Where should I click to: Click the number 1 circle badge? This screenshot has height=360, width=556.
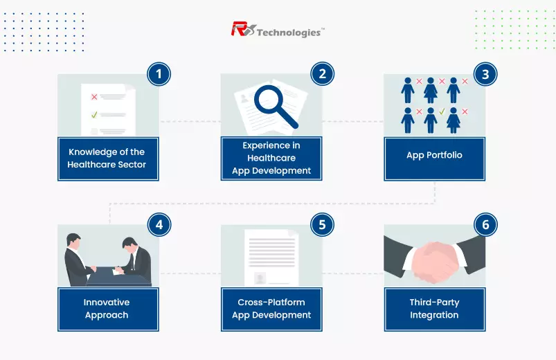click(159, 74)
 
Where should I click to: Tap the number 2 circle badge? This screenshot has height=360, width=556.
click(323, 74)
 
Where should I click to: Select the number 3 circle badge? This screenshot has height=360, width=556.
click(485, 74)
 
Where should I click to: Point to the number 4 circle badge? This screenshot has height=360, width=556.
click(159, 224)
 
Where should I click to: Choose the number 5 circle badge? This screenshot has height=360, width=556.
click(323, 224)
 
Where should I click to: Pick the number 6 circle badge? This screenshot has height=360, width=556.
click(485, 224)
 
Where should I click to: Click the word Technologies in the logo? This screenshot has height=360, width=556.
click(289, 33)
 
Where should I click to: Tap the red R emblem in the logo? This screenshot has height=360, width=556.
click(243, 29)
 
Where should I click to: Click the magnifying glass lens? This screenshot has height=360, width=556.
click(269, 99)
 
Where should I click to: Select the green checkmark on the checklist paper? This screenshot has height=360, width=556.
click(94, 114)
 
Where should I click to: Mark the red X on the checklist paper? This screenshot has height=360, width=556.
click(94, 97)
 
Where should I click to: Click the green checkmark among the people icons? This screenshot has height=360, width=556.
click(442, 111)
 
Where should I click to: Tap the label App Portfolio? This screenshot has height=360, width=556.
click(434, 155)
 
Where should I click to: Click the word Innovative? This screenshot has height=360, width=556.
click(107, 302)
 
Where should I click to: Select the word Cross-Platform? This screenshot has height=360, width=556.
click(271, 302)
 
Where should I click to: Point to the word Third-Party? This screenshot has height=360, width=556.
click(434, 303)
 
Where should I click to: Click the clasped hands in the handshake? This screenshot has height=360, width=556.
click(436, 262)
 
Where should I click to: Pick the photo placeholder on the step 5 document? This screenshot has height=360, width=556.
click(260, 278)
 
